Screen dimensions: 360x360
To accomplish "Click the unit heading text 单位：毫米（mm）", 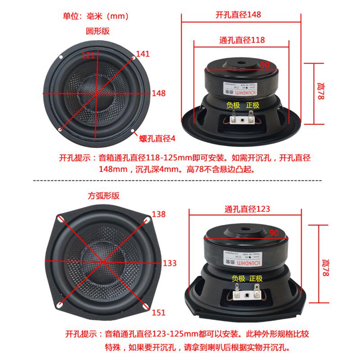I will [x=96, y=17].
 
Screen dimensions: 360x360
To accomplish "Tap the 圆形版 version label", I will [x=98, y=31].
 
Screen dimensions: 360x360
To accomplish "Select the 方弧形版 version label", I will [x=103, y=196].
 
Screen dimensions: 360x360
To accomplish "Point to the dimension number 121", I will [x=88, y=55].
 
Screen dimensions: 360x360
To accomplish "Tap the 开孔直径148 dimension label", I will [x=238, y=14].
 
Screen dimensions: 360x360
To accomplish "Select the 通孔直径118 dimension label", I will [x=242, y=40].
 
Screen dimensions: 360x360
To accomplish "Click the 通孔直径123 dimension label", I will [x=247, y=209].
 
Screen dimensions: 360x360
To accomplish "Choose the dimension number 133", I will [x=170, y=263].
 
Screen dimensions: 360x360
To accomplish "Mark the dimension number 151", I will [x=158, y=312].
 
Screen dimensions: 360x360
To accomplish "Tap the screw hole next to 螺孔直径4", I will [x=133, y=131].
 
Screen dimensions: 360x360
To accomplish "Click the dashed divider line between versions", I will [x=180, y=180].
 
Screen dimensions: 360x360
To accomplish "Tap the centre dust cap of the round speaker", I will [x=96, y=94].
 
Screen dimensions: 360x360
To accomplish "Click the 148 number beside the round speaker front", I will [x=158, y=94].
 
